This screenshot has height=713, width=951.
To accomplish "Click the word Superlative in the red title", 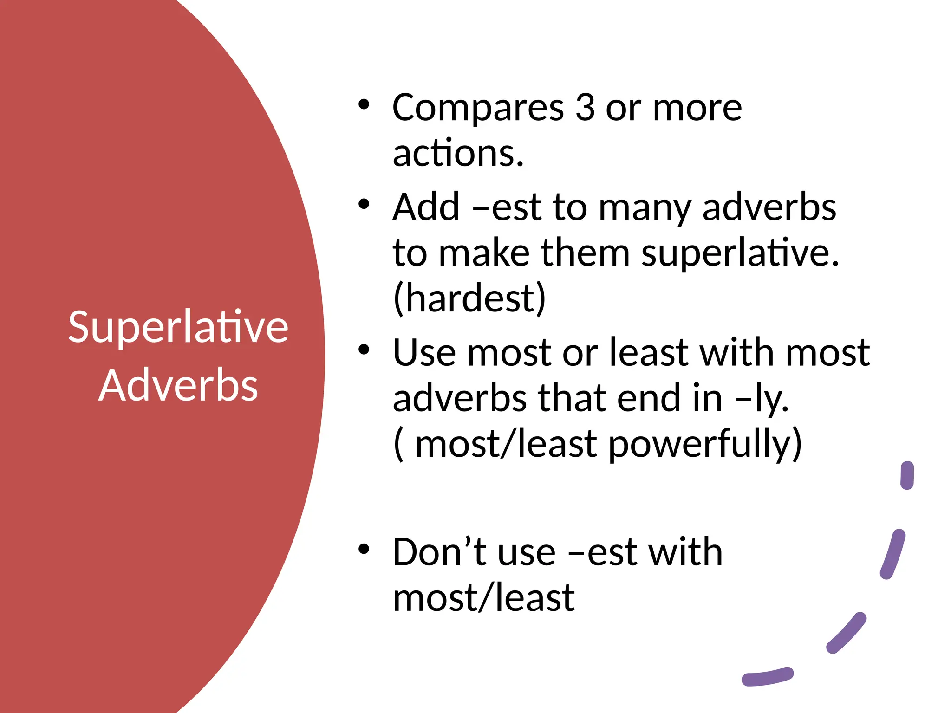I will [x=178, y=327].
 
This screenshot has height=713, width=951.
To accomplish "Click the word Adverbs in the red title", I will [x=178, y=385].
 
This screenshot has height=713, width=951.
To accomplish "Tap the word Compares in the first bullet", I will [x=478, y=109].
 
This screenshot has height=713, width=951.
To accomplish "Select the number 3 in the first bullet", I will [x=585, y=108].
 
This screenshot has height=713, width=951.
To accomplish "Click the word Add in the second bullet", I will [x=426, y=207].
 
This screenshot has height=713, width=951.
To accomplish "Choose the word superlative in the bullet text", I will [x=740, y=253].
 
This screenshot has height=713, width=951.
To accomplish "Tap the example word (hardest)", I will [x=469, y=298].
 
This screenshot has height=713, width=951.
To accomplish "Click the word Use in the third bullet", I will [x=424, y=353].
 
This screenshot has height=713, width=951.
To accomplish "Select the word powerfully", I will [x=705, y=445].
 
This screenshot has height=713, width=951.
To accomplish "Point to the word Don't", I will [x=439, y=552].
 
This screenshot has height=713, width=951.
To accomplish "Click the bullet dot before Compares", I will [x=364, y=105].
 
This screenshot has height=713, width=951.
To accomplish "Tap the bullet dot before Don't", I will [x=364, y=550].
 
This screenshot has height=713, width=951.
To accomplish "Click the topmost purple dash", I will [x=907, y=475].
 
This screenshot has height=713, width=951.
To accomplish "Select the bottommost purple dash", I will [x=767, y=677].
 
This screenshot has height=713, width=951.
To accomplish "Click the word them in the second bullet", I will [x=585, y=253].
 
